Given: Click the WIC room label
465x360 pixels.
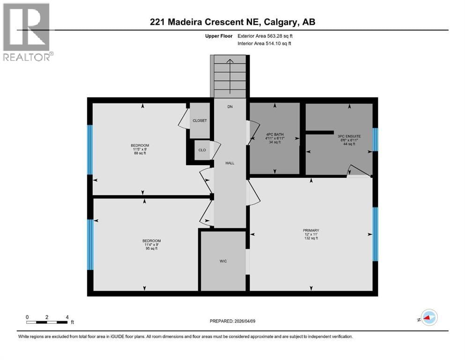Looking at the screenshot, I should click(223, 261).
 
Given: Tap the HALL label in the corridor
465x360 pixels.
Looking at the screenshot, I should click(229, 163).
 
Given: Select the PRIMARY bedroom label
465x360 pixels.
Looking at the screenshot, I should click(310, 230).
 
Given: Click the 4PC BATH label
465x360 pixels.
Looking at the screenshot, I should click(274, 135).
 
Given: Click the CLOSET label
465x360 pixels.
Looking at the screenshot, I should click(199, 120).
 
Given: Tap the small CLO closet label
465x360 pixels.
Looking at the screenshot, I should click(202, 150).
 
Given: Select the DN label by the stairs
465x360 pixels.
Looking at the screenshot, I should click(229, 107).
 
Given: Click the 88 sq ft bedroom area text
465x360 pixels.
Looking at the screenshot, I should click(140, 153).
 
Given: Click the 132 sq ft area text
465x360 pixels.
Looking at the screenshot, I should click(310, 238).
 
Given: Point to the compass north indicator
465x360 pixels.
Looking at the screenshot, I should click(428, 318).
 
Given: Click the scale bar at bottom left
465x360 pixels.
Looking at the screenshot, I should click(47, 322).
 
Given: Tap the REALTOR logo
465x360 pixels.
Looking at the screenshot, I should click(27, 32).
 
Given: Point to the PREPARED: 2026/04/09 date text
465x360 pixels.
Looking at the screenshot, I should click(232, 321).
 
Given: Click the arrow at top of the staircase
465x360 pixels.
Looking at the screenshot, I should click(229, 61).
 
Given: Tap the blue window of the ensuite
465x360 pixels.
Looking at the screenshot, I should click(375, 140).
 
